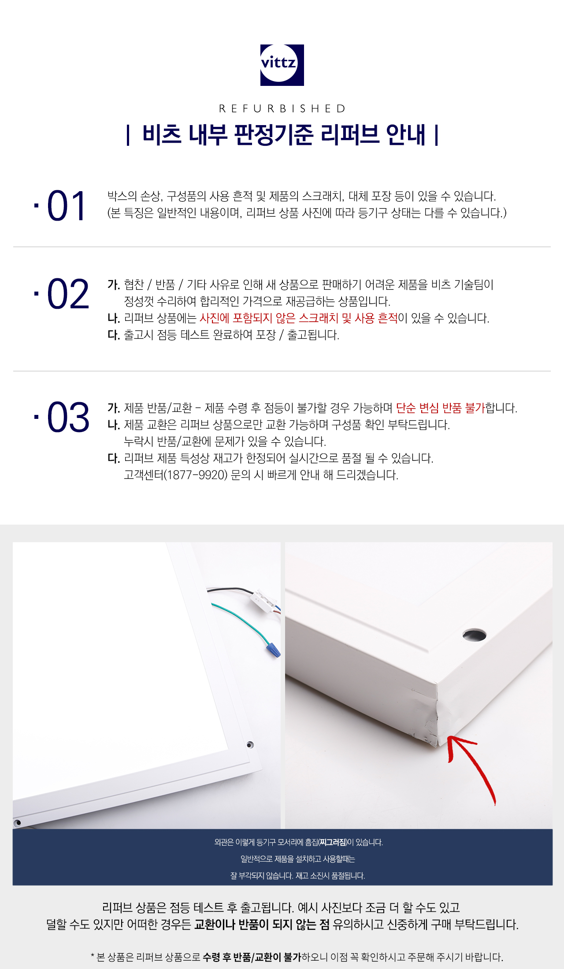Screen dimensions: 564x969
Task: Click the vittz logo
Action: point(282,65)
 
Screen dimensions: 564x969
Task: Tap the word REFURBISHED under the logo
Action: point(282,108)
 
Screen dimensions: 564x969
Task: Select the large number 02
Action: point(68,294)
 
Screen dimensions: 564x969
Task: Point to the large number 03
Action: point(68,417)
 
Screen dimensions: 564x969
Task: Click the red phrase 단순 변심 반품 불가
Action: point(440,408)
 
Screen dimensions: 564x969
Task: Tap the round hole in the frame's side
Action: point(474,635)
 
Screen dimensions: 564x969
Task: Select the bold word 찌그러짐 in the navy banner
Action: point(333,842)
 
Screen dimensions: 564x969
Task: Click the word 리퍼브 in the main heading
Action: point(349,134)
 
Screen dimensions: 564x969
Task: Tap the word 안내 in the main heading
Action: point(405,134)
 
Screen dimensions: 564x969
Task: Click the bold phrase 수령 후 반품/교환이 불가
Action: point(252,957)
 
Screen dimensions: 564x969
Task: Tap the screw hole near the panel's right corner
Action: point(250,745)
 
